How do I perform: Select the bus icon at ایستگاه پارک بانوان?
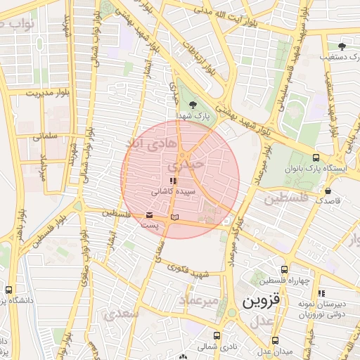coord(316,158)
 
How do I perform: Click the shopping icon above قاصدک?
coord(328,190)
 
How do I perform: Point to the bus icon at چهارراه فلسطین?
coord(285,269)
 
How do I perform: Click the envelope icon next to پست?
coord(149,215)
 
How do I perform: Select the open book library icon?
coord(176,215)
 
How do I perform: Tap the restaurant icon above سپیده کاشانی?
coord(173,181)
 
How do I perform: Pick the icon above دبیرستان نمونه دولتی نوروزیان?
coord(321,292)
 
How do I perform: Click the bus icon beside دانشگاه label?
coord(8,290)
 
